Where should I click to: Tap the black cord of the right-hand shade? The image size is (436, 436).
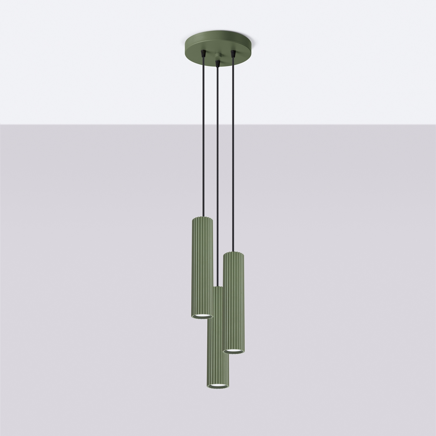233,149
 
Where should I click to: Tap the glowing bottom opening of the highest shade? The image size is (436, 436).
201,316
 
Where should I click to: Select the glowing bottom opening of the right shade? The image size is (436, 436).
234,351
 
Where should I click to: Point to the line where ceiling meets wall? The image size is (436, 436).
93,124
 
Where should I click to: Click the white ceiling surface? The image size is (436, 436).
93,62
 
